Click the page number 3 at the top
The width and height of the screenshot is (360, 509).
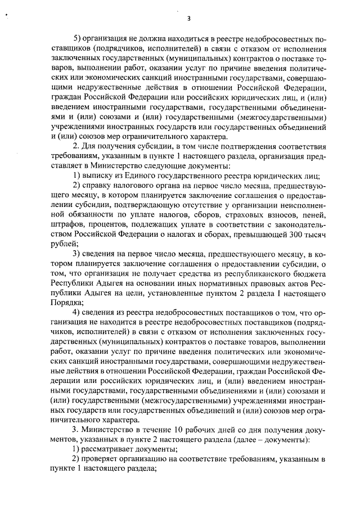pyautogui.click(x=189, y=19)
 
